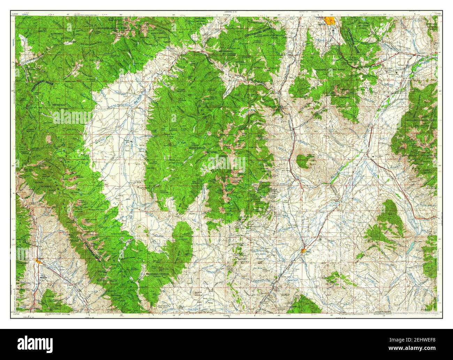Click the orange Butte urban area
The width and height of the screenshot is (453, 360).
tap(329, 20)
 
